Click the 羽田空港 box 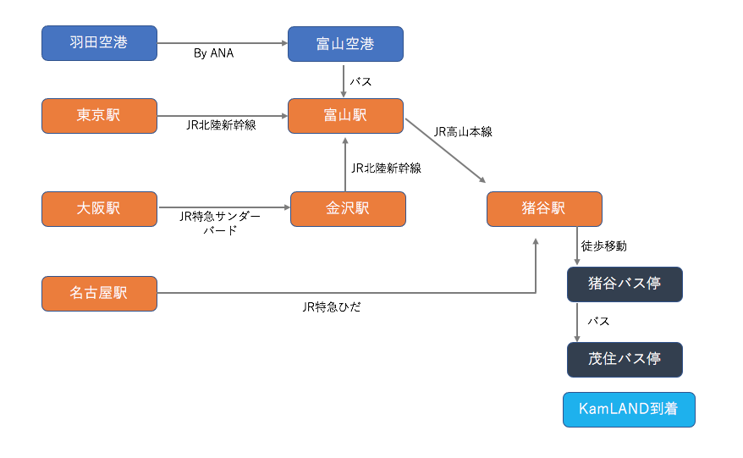pos(100,43)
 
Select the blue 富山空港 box pos(345,44)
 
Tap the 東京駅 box pos(100,116)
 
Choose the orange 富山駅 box pos(345,116)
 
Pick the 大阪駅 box pos(100,209)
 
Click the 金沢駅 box pos(348,209)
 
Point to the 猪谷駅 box pos(544,209)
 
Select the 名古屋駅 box pos(100,294)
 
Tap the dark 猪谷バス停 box pos(625,284)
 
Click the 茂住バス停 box pos(625,360)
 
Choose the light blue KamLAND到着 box pos(629,410)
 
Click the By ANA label pos(214,53)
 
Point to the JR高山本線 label pos(463,132)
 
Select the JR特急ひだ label pos(332,307)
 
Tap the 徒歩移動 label pos(604,246)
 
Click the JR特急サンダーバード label pos(220,223)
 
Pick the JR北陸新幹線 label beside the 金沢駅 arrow pos(386,168)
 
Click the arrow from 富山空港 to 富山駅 pos(344,81)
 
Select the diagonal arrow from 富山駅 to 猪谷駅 pos(445,151)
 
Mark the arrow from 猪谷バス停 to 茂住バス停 pos(577,323)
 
